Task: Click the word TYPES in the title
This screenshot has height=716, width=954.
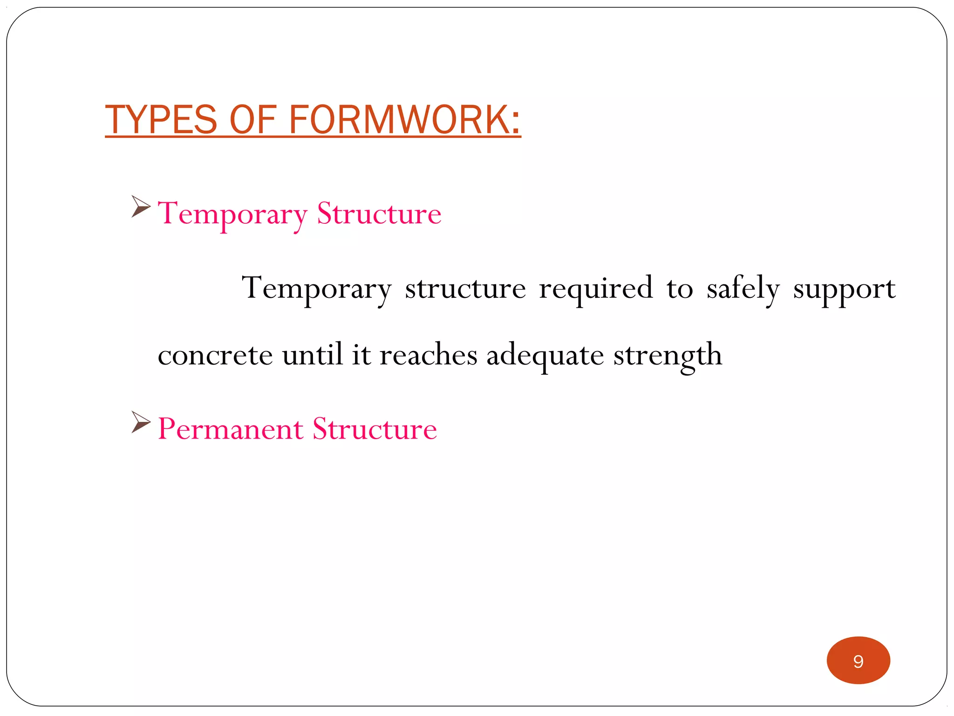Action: click(161, 120)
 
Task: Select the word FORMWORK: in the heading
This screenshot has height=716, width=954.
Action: click(404, 120)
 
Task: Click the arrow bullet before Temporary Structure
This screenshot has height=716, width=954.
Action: click(141, 207)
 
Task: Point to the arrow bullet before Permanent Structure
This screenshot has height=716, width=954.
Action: click(141, 422)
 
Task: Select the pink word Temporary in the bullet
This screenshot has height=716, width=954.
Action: click(232, 214)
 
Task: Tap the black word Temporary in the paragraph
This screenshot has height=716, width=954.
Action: click(316, 289)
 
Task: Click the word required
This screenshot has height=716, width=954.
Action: click(596, 289)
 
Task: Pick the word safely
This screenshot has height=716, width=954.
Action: click(743, 289)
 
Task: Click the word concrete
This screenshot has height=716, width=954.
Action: click(215, 355)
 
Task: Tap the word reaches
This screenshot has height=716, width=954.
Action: click(428, 355)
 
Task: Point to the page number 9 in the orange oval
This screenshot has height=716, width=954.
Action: click(858, 661)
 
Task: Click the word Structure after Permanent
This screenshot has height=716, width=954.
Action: click(375, 429)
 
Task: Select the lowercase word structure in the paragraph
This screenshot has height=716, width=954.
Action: click(465, 289)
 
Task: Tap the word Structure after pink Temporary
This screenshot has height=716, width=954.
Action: click(379, 214)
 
